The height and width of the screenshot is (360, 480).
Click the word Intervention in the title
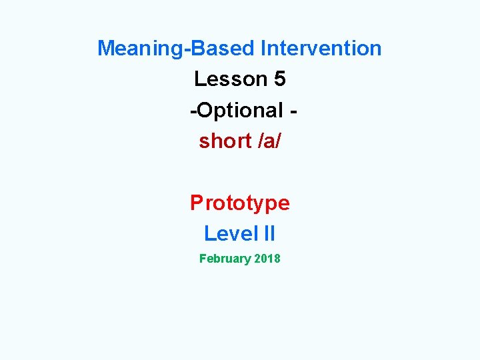click(321, 48)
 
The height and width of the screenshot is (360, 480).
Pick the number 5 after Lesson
click(280, 79)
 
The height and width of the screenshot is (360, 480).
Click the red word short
click(225, 141)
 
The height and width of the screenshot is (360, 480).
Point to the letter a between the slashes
click(269, 141)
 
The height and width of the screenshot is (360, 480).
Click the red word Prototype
click(240, 203)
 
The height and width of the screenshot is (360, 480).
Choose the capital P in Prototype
click(197, 203)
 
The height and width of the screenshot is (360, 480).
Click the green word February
click(225, 259)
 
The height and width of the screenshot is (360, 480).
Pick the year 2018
click(267, 259)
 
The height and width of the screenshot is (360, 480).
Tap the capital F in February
click(203, 259)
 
